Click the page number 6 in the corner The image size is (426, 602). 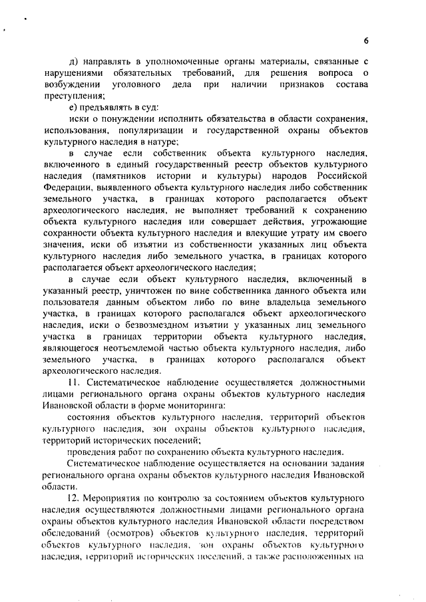pyautogui.click(x=366, y=41)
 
